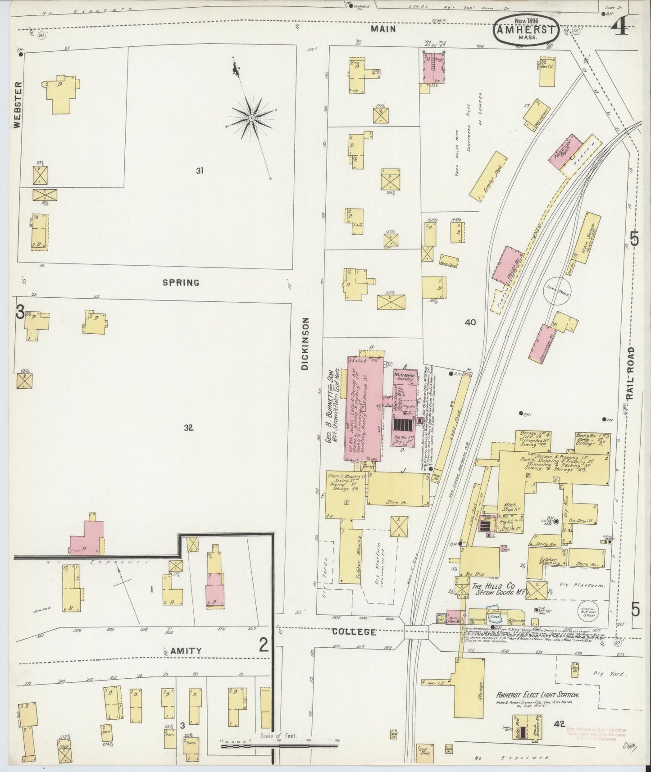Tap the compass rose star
251,118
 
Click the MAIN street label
383,29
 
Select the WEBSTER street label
18,105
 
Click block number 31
200,170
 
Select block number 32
188,428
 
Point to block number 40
470,322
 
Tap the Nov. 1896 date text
526,21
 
